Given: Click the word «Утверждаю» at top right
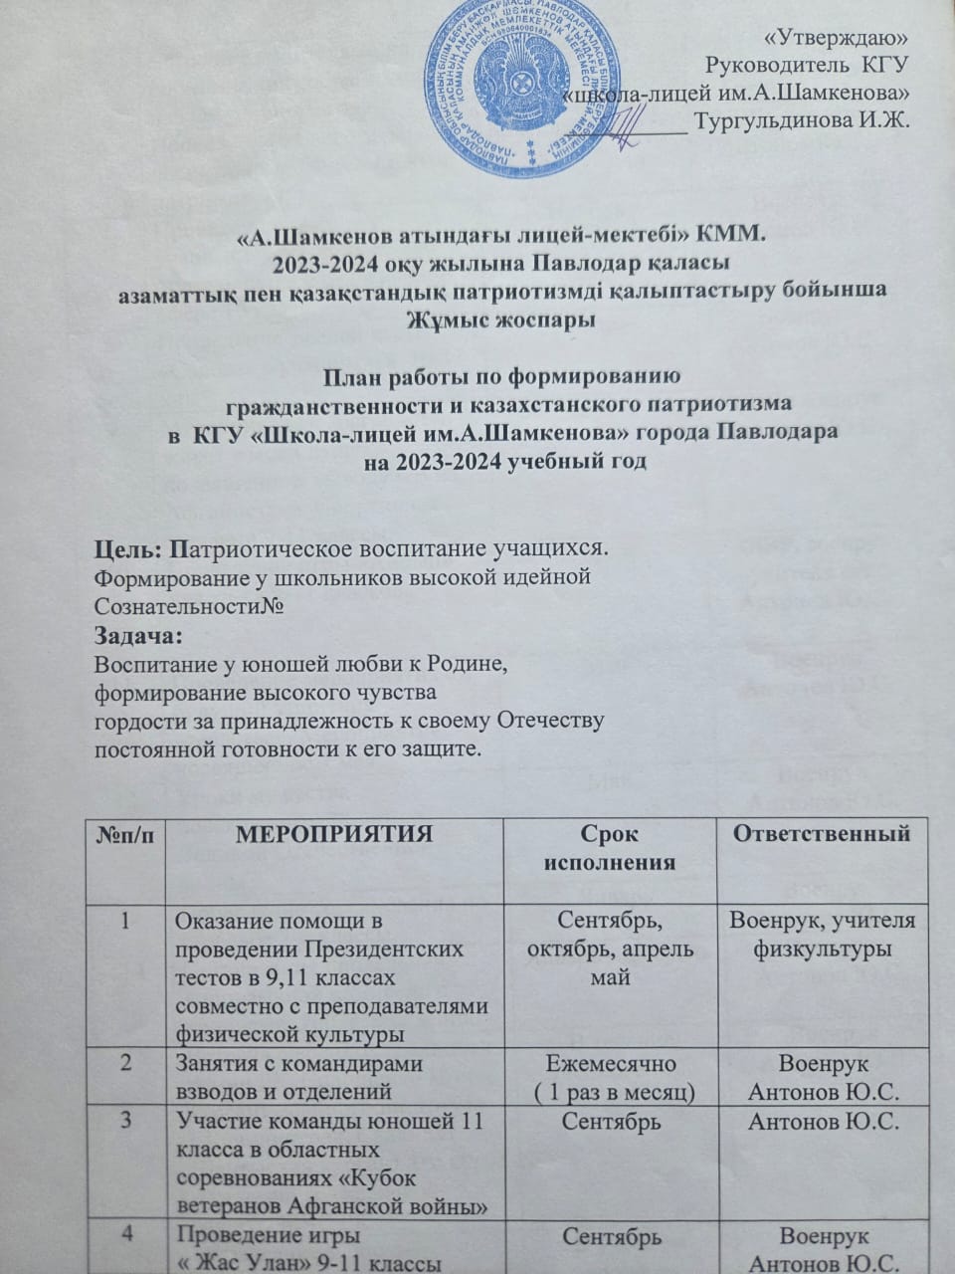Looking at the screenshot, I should (x=841, y=37).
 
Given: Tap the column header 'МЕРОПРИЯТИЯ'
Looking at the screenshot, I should (x=333, y=834).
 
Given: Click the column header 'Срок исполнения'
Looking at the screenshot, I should (x=610, y=847).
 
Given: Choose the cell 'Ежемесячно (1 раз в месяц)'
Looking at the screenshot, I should (x=610, y=1077).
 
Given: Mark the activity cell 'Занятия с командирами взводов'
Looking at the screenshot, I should (x=331, y=1077).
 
